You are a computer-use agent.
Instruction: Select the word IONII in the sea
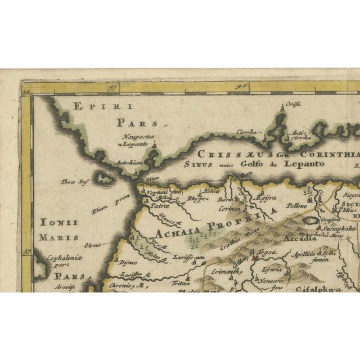click(x=57, y=223)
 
